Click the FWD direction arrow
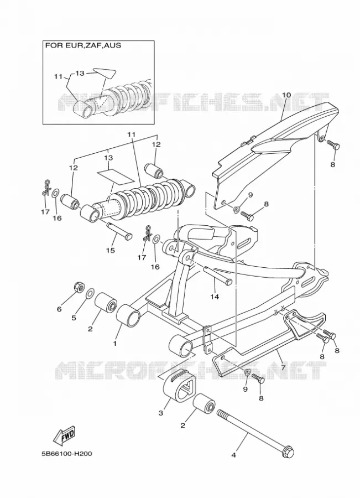(64, 435)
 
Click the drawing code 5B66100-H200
(67, 454)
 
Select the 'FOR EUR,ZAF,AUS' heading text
(83, 45)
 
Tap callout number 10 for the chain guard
(286, 95)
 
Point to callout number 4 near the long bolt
(234, 455)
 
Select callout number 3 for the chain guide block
(160, 413)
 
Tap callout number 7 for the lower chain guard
(283, 368)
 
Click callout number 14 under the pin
(215, 297)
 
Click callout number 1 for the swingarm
(115, 343)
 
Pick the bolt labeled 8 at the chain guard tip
(333, 146)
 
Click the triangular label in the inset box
(103, 74)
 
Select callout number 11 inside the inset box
(58, 76)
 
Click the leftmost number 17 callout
(45, 212)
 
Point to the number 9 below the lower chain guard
(245, 390)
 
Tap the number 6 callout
(59, 308)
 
